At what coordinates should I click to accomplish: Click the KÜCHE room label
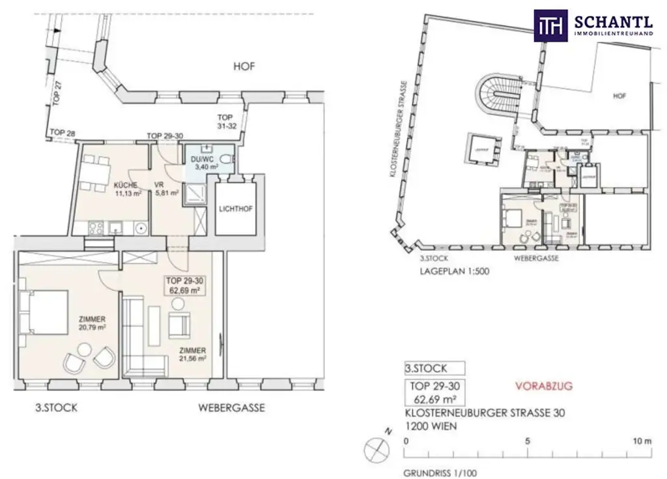coord(123,185)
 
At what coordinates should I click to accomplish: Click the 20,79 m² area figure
coord(92,328)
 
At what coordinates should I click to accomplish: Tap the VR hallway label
coord(158,184)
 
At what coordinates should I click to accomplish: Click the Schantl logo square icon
coord(550,25)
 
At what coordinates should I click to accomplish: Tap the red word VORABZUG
coord(543,386)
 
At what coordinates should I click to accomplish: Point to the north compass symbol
coord(376,447)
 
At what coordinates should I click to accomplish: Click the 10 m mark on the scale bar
coord(642,441)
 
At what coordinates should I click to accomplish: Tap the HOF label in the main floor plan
coord(244,66)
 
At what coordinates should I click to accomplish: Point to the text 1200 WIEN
coord(431,426)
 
